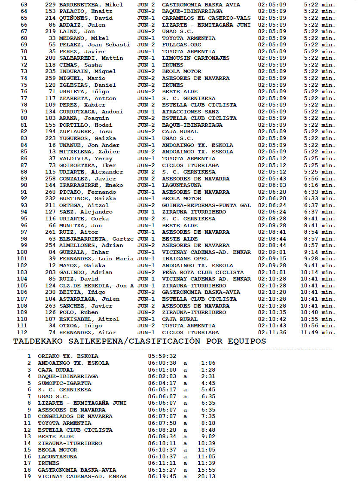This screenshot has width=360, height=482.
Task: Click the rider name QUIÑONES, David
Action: [x=85, y=18]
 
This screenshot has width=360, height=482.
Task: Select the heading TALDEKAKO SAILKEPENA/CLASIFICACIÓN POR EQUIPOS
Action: [x=140, y=342]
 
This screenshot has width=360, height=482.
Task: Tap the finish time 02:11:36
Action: [x=272, y=333]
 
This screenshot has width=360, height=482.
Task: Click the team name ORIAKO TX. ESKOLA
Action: [x=68, y=356]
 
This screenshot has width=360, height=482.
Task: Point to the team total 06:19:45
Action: [x=162, y=476]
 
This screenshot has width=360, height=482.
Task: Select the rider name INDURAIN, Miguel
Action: [x=87, y=71]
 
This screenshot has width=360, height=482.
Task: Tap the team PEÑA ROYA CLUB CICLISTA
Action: [x=203, y=272]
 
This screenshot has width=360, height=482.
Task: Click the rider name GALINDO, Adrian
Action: [x=85, y=272]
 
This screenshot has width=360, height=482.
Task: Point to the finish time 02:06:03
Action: [x=272, y=185]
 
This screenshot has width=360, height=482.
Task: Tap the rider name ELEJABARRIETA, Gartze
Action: [x=96, y=239]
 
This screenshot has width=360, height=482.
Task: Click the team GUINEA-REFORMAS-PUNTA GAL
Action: [x=206, y=205]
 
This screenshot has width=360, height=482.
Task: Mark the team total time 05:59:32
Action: [x=162, y=356]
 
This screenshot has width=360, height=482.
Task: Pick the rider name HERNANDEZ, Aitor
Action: [x=87, y=333]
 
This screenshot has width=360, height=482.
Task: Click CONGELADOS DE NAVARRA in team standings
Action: [x=75, y=416]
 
